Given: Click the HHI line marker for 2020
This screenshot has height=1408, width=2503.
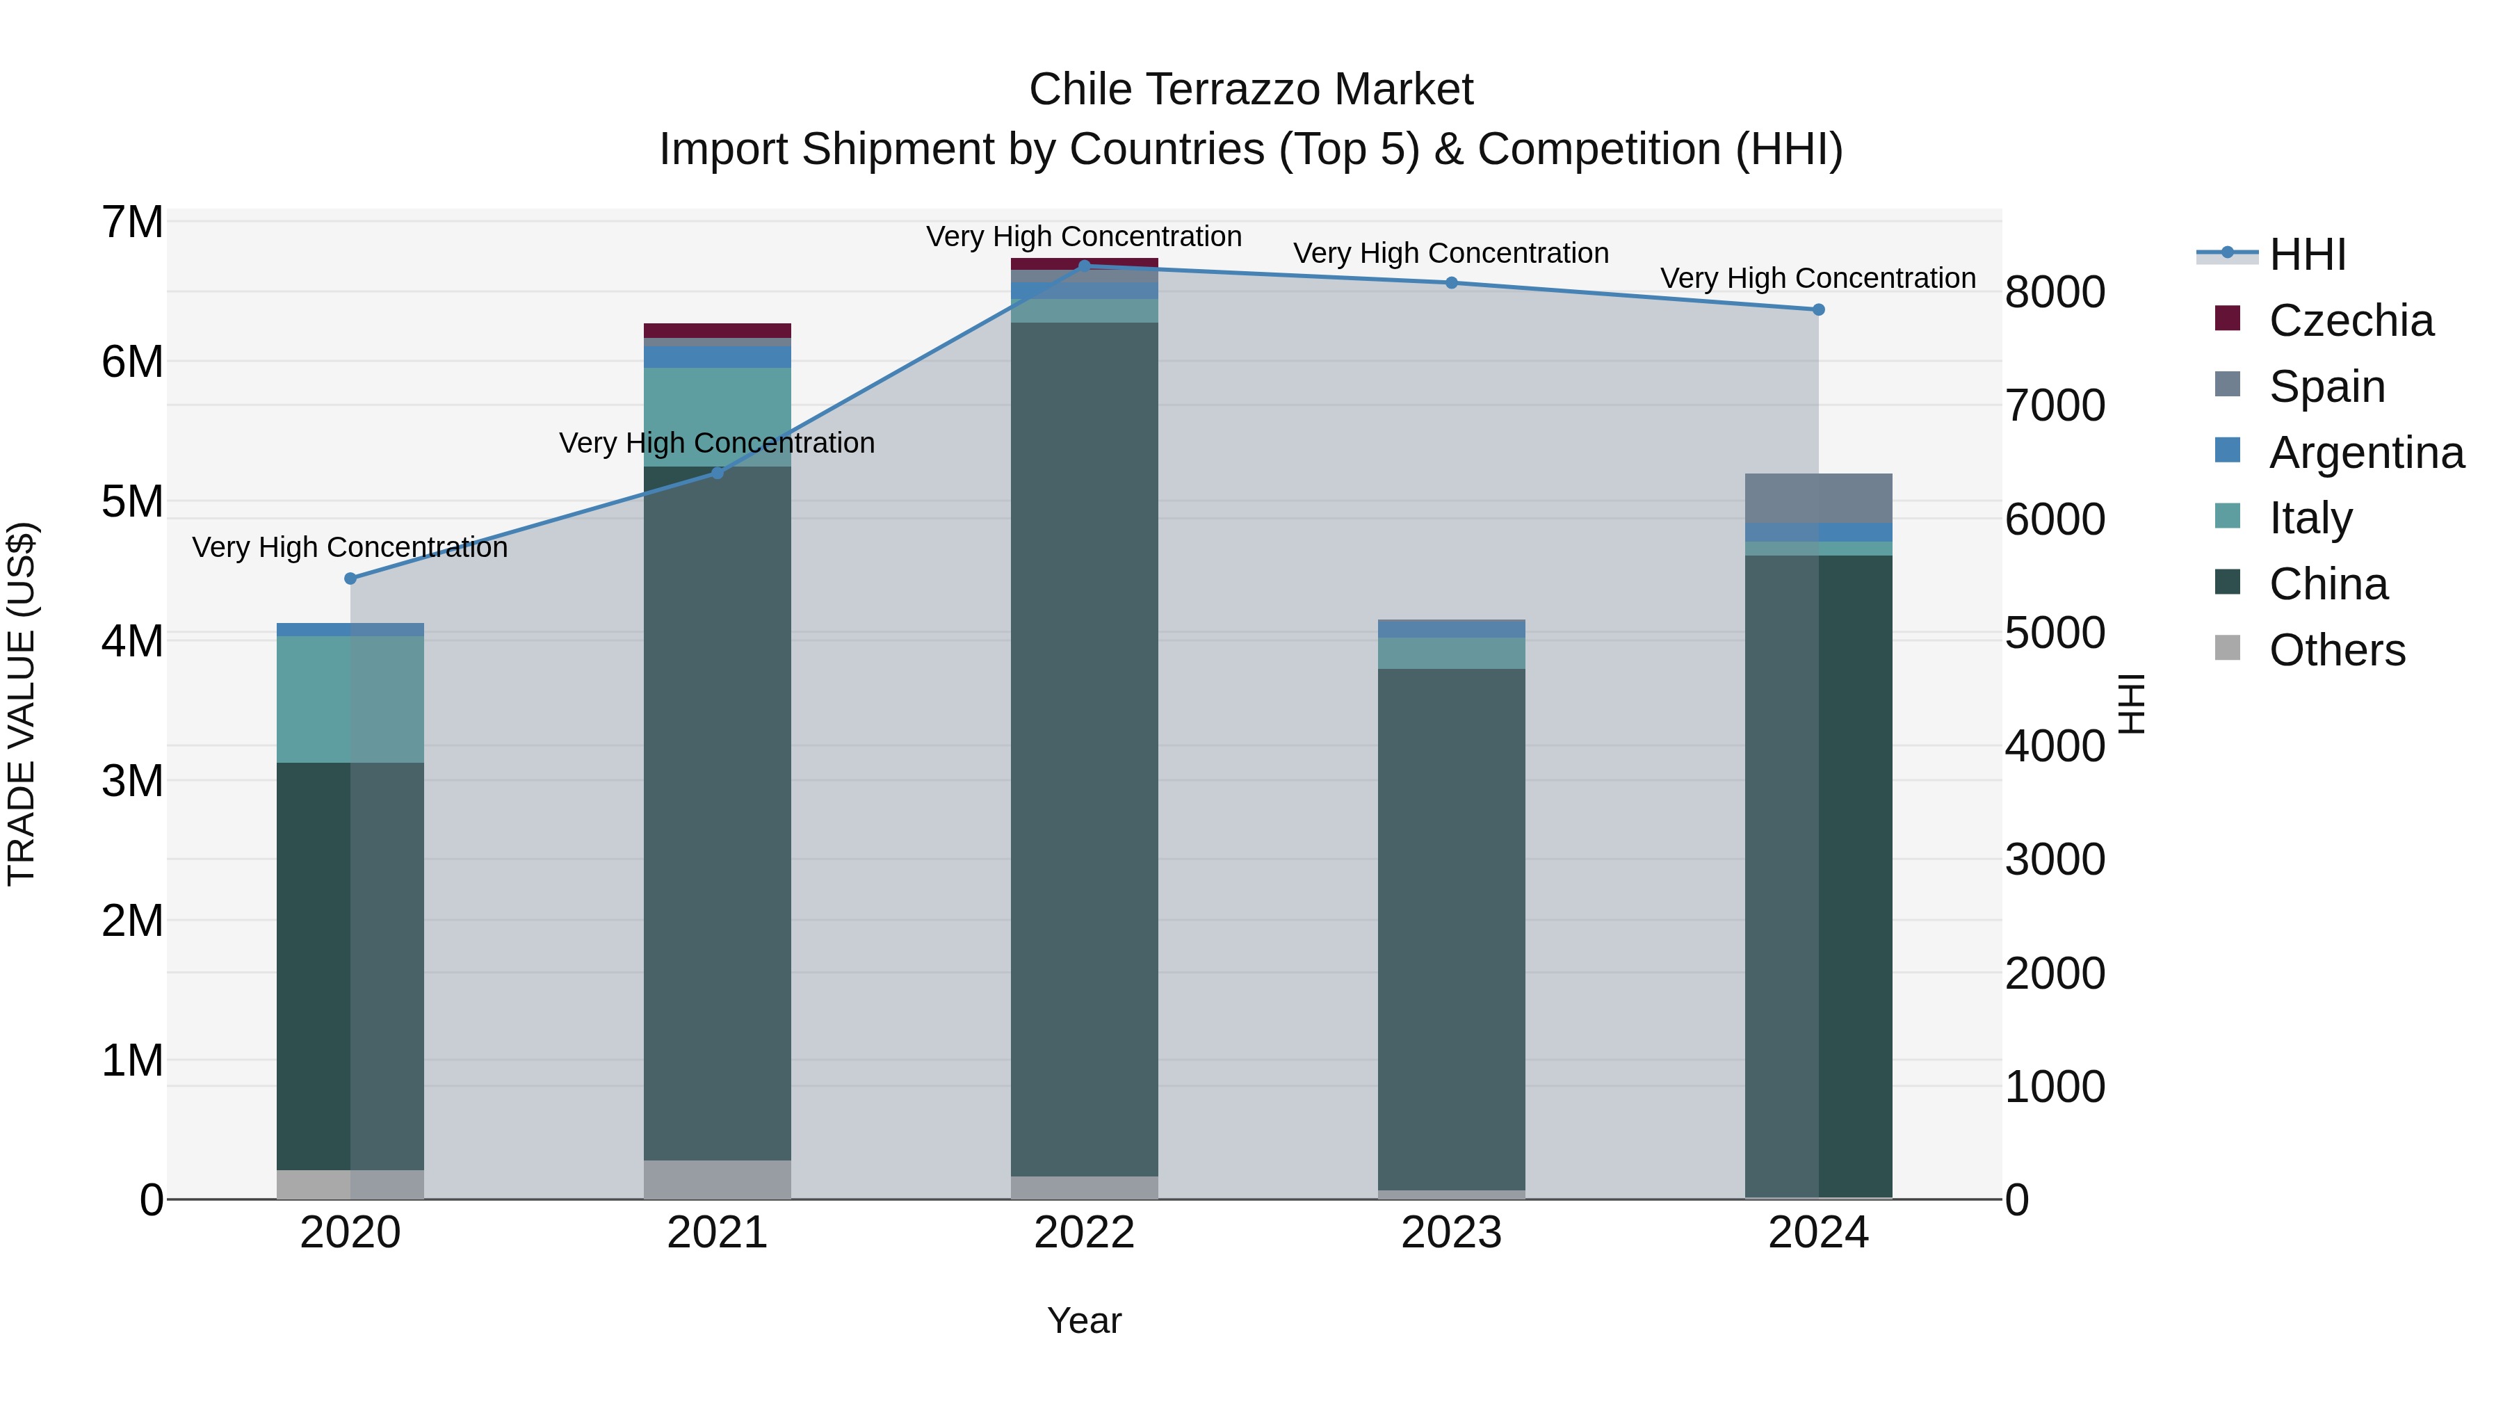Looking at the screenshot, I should (351, 578).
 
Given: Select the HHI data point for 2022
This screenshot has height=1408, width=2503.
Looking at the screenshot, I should (1085, 266).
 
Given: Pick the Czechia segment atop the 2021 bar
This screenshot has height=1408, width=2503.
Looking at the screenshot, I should (717, 330).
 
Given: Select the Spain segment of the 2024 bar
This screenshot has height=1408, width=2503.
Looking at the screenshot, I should (1818, 498).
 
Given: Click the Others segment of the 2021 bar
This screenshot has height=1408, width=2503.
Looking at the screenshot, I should (717, 1179).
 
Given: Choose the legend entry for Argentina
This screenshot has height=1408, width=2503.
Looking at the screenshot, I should (2366, 453).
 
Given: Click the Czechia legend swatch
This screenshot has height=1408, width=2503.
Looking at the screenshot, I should (2227, 318).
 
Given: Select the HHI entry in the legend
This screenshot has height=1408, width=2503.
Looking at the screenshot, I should (2307, 254).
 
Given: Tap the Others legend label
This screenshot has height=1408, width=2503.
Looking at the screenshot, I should (2337, 650).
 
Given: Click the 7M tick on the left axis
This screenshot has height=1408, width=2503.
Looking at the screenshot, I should (132, 222).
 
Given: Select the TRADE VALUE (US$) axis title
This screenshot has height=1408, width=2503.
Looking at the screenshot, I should (22, 704).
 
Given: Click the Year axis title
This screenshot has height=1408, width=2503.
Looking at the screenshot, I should (1085, 1320).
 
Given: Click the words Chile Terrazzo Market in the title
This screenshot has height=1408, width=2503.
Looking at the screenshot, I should (1251, 90).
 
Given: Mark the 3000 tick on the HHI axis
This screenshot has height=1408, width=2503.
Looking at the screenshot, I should (2054, 860).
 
